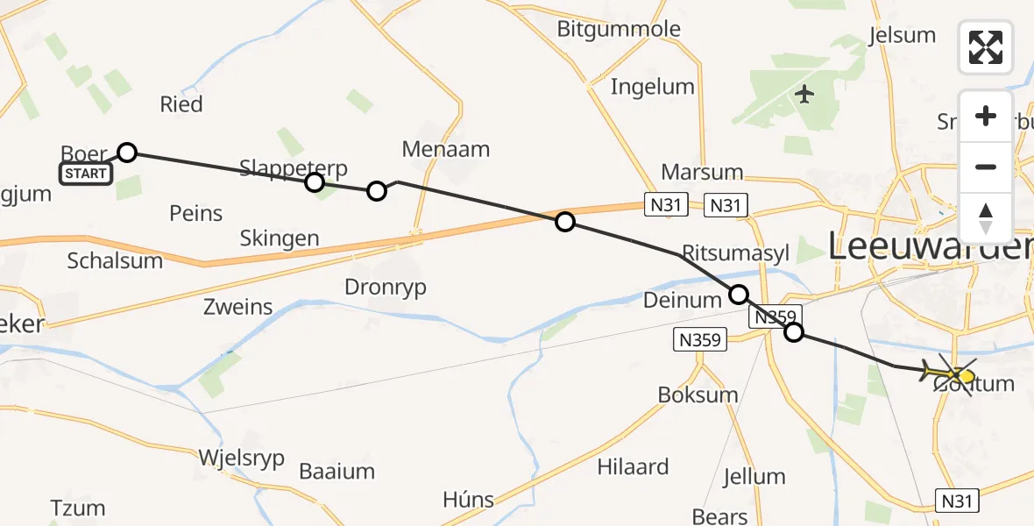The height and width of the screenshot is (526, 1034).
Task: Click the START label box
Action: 85,174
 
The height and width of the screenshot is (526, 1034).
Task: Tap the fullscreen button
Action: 986,47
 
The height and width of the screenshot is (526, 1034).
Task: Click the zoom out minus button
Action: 986,167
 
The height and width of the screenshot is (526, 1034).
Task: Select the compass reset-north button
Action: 986,217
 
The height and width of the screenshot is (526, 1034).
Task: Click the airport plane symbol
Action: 804,93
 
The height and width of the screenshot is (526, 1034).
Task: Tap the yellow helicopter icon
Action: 950,375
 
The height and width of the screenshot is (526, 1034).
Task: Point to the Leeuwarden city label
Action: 929,248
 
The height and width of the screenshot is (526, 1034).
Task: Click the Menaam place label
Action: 445,149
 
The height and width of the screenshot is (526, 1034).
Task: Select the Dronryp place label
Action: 386,287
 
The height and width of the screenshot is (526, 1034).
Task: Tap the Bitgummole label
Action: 619,28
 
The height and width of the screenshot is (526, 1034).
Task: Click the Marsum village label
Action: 702,172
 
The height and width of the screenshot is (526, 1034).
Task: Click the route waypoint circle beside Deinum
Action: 739,295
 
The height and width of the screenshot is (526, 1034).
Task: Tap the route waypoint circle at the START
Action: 127,153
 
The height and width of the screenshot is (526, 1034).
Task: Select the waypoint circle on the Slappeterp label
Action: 314,182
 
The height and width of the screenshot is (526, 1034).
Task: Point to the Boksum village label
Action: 698,394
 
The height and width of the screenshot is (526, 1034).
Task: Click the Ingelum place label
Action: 652,86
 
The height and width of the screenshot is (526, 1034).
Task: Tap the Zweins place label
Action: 237,307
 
